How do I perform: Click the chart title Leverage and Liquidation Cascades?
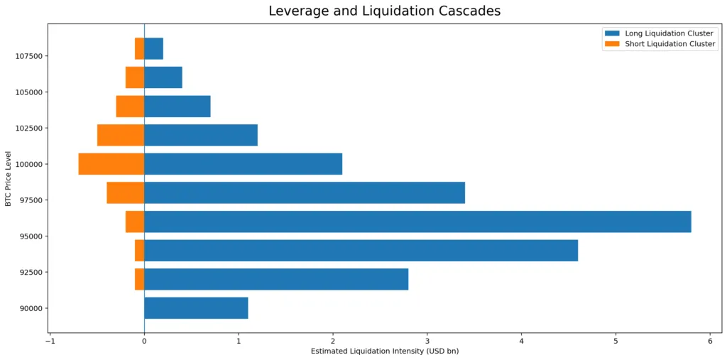pyautogui.click(x=384, y=11)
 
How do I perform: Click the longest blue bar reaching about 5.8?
pyautogui.click(x=417, y=222)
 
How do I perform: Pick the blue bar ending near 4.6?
pyautogui.click(x=361, y=251)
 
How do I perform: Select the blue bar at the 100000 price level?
pyautogui.click(x=243, y=164)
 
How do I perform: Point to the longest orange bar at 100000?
pyautogui.click(x=111, y=164)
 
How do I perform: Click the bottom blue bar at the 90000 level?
pyautogui.click(x=196, y=308)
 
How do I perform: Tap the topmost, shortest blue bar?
pyautogui.click(x=153, y=48)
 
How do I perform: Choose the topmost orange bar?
pyautogui.click(x=139, y=48)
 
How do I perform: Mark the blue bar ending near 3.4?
pyautogui.click(x=305, y=192)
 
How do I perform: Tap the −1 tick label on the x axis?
pyautogui.click(x=50, y=342)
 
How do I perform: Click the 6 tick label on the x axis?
pyautogui.click(x=710, y=342)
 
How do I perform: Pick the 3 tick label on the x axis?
pyautogui.click(x=427, y=342)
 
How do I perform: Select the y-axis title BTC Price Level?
pyautogui.click(x=9, y=178)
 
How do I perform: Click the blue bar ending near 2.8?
pyautogui.click(x=276, y=279)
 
